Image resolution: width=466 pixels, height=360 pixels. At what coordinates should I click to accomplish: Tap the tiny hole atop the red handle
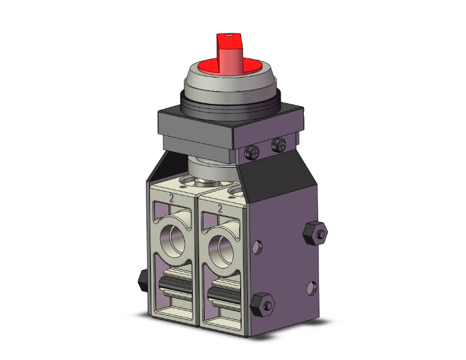pos(228,36)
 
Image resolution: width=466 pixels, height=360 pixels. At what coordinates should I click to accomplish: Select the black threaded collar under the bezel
pos(230,107)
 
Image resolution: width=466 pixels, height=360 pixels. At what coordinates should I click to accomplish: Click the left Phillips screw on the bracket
pos(251,153)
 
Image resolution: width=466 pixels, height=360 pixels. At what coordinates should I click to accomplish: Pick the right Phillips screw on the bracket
pos(279,145)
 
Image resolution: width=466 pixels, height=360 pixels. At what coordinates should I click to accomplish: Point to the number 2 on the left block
pos(172,198)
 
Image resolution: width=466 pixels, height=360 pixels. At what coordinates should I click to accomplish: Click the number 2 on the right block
pos(220,209)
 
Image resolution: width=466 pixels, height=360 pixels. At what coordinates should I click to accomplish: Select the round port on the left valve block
pos(173,240)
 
